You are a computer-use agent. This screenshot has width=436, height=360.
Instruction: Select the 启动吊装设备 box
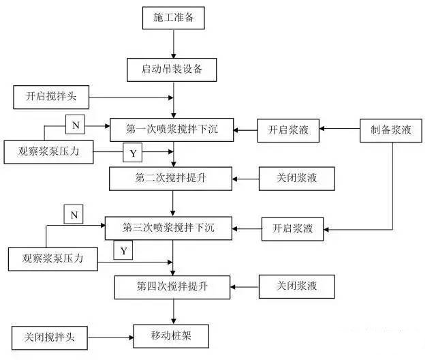click(x=173, y=69)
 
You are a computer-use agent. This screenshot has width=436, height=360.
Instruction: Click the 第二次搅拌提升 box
click(x=172, y=179)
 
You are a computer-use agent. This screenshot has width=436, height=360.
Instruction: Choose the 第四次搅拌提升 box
click(x=172, y=284)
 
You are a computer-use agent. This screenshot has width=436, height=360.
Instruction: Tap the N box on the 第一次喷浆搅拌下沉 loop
click(x=74, y=125)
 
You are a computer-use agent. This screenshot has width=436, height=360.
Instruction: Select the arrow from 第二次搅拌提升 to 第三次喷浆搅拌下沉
click(x=174, y=203)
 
